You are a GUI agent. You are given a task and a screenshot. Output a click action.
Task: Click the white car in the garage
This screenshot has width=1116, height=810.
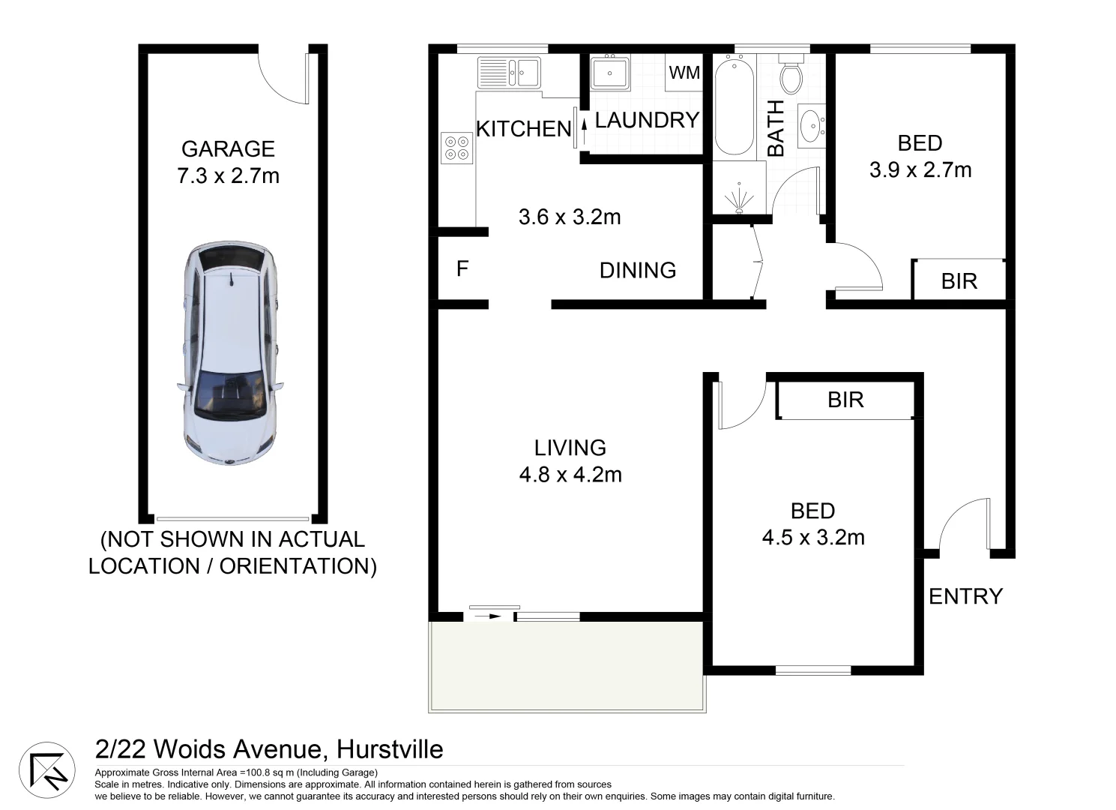coord(230,352)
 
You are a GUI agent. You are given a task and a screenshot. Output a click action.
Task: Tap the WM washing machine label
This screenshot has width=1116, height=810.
coord(684,73)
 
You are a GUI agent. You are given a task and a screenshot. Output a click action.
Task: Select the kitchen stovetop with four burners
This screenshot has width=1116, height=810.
coord(456,147)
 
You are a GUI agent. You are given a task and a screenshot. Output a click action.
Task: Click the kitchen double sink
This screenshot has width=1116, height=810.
coord(509,73)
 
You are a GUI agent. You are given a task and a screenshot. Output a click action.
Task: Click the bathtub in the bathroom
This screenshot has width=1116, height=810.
coord(734,106)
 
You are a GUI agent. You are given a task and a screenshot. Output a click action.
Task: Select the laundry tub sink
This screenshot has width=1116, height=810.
coord(609,73)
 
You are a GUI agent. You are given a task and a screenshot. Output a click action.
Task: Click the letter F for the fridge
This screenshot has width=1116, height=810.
coord(462,268)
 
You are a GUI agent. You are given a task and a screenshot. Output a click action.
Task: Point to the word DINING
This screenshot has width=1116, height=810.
coord(638,270)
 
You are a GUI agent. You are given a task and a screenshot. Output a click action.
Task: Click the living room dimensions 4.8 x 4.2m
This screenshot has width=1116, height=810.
coord(570,475)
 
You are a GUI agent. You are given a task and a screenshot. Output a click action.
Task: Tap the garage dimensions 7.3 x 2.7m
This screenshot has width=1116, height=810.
coord(228,176)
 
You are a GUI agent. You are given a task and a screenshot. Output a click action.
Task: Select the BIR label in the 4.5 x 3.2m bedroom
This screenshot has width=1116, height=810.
coord(845,400)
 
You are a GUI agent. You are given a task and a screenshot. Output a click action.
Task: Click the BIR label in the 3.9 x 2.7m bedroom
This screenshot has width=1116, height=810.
coord(959,281)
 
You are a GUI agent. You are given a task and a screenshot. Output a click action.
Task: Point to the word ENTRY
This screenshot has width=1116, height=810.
coord(965,596)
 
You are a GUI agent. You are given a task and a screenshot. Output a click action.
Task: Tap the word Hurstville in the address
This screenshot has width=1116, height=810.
coord(390,749)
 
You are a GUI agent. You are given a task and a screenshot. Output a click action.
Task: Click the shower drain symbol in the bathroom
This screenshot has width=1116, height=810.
coord(738,199)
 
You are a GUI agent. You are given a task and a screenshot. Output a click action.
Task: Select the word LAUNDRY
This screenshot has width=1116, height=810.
coord(647,120)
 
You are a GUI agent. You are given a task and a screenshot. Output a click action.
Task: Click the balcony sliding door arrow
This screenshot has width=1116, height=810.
coord(490,616)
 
